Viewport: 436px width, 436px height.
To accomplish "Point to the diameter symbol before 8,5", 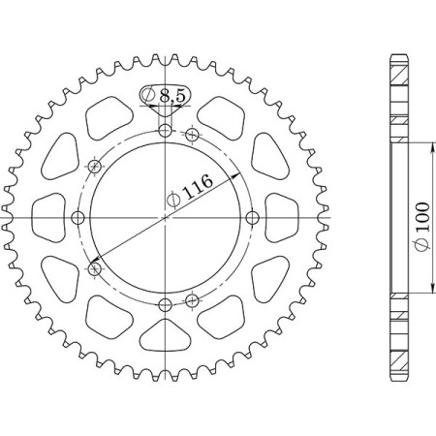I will [149, 95].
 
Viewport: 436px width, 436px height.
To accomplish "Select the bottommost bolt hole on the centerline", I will [165, 305].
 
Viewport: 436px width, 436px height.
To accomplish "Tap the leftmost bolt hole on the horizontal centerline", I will [78, 217].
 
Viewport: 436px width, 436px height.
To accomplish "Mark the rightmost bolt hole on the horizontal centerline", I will [252, 217].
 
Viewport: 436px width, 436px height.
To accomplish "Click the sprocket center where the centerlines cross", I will [165, 217].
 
